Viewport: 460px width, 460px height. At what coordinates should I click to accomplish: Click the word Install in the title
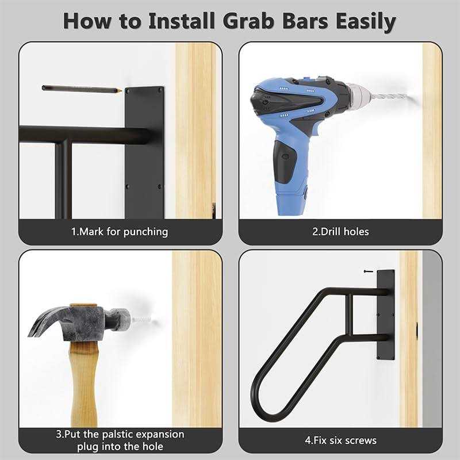coord(182,21)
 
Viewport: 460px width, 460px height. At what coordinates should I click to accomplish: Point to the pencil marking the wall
coord(82,89)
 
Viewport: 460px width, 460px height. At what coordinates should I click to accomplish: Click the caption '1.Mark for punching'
coord(120,232)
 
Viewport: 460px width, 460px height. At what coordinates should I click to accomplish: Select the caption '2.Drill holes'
coord(340,232)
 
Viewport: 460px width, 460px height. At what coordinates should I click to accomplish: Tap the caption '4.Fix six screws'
coord(340,440)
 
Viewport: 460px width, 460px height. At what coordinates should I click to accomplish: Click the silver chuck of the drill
coord(359,94)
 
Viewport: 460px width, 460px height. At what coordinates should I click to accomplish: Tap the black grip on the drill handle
coord(285,162)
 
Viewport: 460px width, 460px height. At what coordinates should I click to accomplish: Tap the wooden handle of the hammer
coord(84,384)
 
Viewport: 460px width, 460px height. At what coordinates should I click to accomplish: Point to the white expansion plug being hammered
coord(141,320)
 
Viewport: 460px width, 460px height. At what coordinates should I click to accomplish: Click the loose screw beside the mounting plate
coord(369,271)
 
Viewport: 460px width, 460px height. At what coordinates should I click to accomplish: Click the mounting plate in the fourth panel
coord(385,315)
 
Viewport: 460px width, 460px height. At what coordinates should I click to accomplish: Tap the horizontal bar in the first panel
coord(85,135)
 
